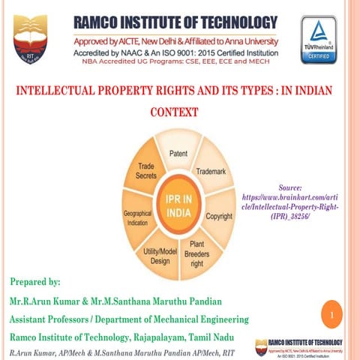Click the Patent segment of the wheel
coord(178,154)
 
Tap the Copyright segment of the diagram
coord(219,216)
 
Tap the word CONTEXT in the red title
coord(175,113)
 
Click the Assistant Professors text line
coord(127,319)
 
